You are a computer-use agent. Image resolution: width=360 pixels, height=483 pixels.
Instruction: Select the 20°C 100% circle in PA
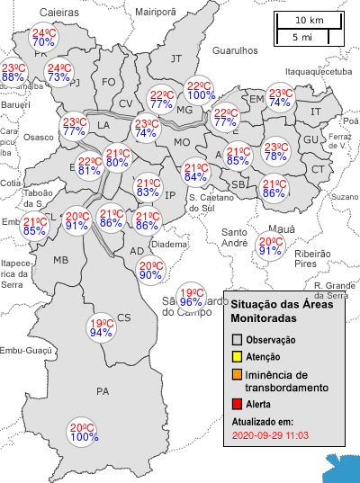click(84, 433)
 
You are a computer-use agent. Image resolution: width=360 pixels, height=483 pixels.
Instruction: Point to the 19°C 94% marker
click(101, 328)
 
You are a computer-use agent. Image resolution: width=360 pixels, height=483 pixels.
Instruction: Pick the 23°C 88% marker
click(13, 73)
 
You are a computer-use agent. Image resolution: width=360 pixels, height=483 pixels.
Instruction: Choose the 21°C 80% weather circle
click(116, 158)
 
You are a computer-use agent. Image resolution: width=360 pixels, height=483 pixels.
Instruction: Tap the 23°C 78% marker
click(274, 151)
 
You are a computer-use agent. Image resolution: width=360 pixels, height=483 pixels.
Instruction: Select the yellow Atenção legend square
click(237, 357)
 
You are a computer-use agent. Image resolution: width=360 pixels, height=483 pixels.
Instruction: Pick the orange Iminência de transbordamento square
click(237, 374)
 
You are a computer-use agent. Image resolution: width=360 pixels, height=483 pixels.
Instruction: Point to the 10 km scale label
click(310, 20)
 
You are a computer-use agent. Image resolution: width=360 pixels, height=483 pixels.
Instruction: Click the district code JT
click(176, 58)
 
